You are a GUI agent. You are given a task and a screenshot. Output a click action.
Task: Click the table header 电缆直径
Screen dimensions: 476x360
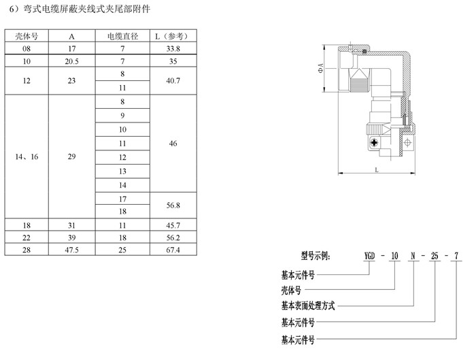pyautogui.click(x=122, y=37)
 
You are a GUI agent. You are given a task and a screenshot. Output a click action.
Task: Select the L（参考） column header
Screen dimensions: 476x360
pyautogui.click(x=173, y=37)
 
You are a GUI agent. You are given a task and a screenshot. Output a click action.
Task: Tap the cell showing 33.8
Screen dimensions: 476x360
pyautogui.click(x=173, y=48)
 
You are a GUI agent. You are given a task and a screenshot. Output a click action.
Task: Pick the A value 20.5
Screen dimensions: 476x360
pyautogui.click(x=71, y=61)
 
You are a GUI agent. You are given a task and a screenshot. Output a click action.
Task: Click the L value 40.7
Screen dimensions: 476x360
pyautogui.click(x=173, y=81)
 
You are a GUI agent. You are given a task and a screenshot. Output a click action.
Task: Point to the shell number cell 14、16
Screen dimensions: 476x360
pyautogui.click(x=27, y=157)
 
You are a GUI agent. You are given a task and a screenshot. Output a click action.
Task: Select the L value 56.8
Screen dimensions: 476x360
pyautogui.click(x=173, y=206)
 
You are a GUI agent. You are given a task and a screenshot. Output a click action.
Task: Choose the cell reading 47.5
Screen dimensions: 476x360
pyautogui.click(x=71, y=250)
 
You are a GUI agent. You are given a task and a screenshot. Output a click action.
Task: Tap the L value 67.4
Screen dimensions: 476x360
pyautogui.click(x=173, y=250)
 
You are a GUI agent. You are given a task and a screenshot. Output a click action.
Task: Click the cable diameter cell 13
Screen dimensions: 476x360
pyautogui.click(x=122, y=171)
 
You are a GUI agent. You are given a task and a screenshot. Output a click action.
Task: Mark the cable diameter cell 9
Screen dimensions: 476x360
pyautogui.click(x=122, y=116)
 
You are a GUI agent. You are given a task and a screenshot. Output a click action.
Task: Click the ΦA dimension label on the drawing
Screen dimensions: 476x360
pyautogui.click(x=320, y=68)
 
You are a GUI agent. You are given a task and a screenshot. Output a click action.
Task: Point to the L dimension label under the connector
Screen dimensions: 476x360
pyautogui.click(x=377, y=169)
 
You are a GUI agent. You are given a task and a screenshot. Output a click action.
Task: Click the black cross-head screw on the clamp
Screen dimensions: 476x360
pyautogui.click(x=375, y=142)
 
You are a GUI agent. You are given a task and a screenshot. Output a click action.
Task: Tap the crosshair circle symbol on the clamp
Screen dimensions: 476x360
pyautogui.click(x=408, y=142)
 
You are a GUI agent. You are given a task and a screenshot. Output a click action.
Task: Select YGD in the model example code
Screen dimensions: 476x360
pyautogui.click(x=369, y=256)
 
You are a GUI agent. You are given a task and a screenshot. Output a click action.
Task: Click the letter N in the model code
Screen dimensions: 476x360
pyautogui.click(x=413, y=256)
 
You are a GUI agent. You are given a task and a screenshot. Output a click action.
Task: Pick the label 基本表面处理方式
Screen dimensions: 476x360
pyautogui.click(x=308, y=306)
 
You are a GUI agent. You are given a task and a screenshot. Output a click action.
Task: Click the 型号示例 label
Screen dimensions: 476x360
pyautogui.click(x=315, y=256)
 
